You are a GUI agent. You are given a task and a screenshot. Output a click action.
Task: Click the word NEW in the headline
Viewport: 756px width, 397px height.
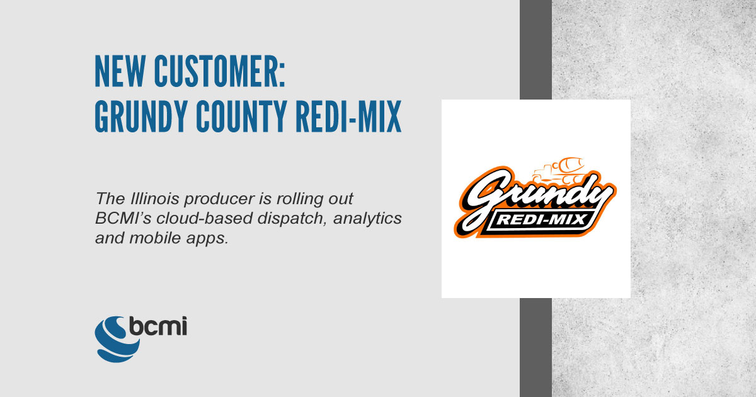point(120,71)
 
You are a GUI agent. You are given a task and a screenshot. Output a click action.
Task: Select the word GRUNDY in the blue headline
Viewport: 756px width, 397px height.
point(141,116)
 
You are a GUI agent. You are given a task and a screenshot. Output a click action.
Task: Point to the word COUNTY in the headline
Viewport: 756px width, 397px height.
point(241,116)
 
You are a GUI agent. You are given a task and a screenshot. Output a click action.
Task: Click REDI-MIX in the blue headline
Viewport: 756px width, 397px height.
point(348,116)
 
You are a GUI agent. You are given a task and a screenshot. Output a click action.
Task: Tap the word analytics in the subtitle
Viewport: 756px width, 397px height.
point(367,219)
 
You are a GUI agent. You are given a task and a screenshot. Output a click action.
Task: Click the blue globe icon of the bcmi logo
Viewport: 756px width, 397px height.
point(116,339)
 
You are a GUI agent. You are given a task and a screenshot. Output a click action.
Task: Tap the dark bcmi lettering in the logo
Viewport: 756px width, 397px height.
point(157,326)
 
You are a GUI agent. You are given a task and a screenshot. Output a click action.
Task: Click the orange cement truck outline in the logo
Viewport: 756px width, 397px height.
point(558,171)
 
